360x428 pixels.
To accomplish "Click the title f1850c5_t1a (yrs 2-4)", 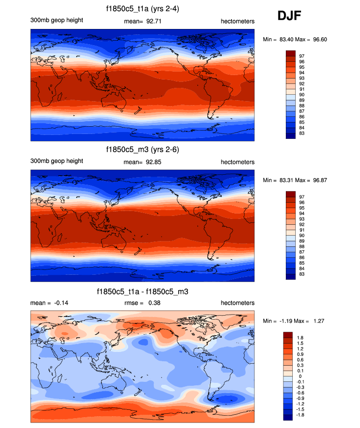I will click(142, 9).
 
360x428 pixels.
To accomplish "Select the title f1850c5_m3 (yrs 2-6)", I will click(142, 151).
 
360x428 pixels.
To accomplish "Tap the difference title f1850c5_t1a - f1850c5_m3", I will click(142, 292).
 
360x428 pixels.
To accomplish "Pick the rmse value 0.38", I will click(154, 303).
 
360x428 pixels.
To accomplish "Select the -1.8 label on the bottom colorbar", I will click(301, 415).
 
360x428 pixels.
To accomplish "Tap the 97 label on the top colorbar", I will click(302, 56).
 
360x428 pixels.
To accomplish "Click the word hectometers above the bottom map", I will click(238, 303).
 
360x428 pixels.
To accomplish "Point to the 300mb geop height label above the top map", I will click(57, 20).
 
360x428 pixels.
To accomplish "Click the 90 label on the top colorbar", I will click(302, 94).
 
